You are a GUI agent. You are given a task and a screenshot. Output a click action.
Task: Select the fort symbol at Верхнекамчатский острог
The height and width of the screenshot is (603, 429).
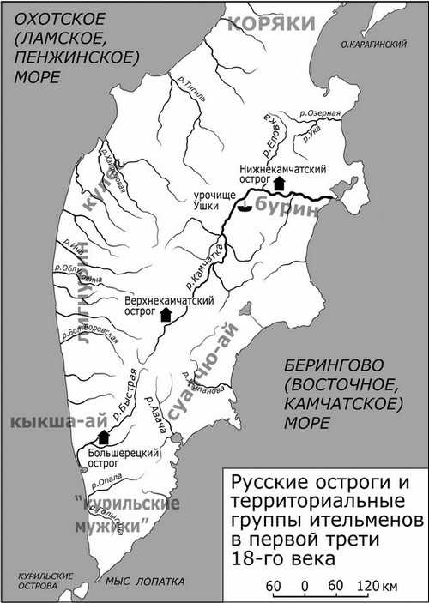tap(166, 314)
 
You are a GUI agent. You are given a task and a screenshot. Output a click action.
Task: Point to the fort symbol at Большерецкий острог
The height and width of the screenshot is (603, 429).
tap(104, 437)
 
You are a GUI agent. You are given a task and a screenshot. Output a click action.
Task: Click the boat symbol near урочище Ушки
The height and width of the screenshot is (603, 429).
tap(245, 207)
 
